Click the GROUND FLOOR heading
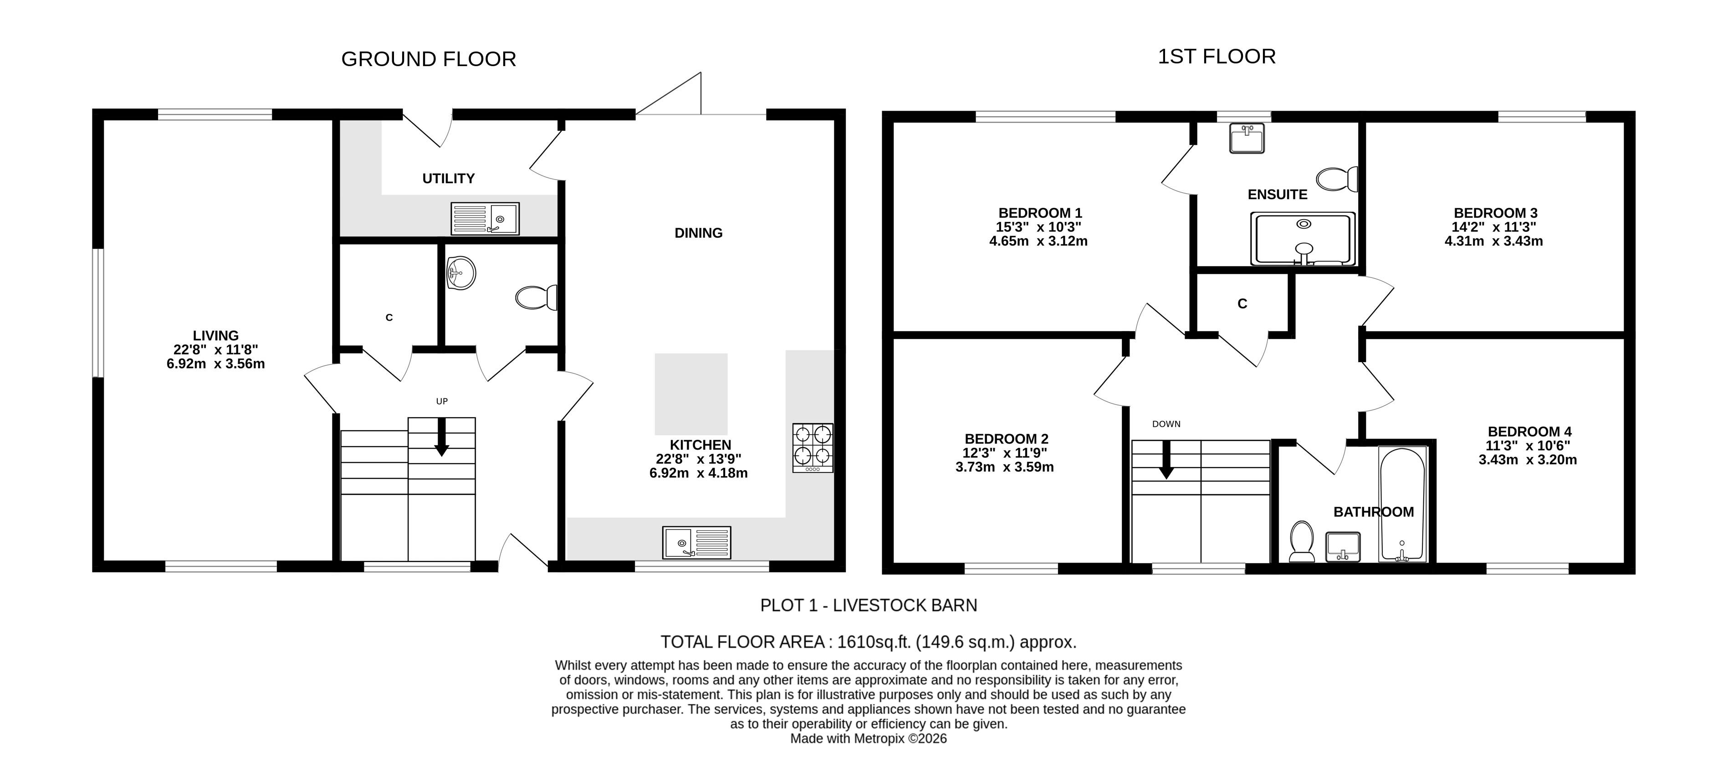429,59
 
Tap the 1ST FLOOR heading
1217,56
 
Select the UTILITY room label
448,179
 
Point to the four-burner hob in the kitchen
813,448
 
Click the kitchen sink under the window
696,543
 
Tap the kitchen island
691,395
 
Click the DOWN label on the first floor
1166,424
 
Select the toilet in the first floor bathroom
1302,541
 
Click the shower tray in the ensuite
1303,239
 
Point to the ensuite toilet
1337,179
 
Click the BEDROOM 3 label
1494,213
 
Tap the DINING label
698,233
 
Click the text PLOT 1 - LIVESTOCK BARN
869,605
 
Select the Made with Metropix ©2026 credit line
869,738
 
